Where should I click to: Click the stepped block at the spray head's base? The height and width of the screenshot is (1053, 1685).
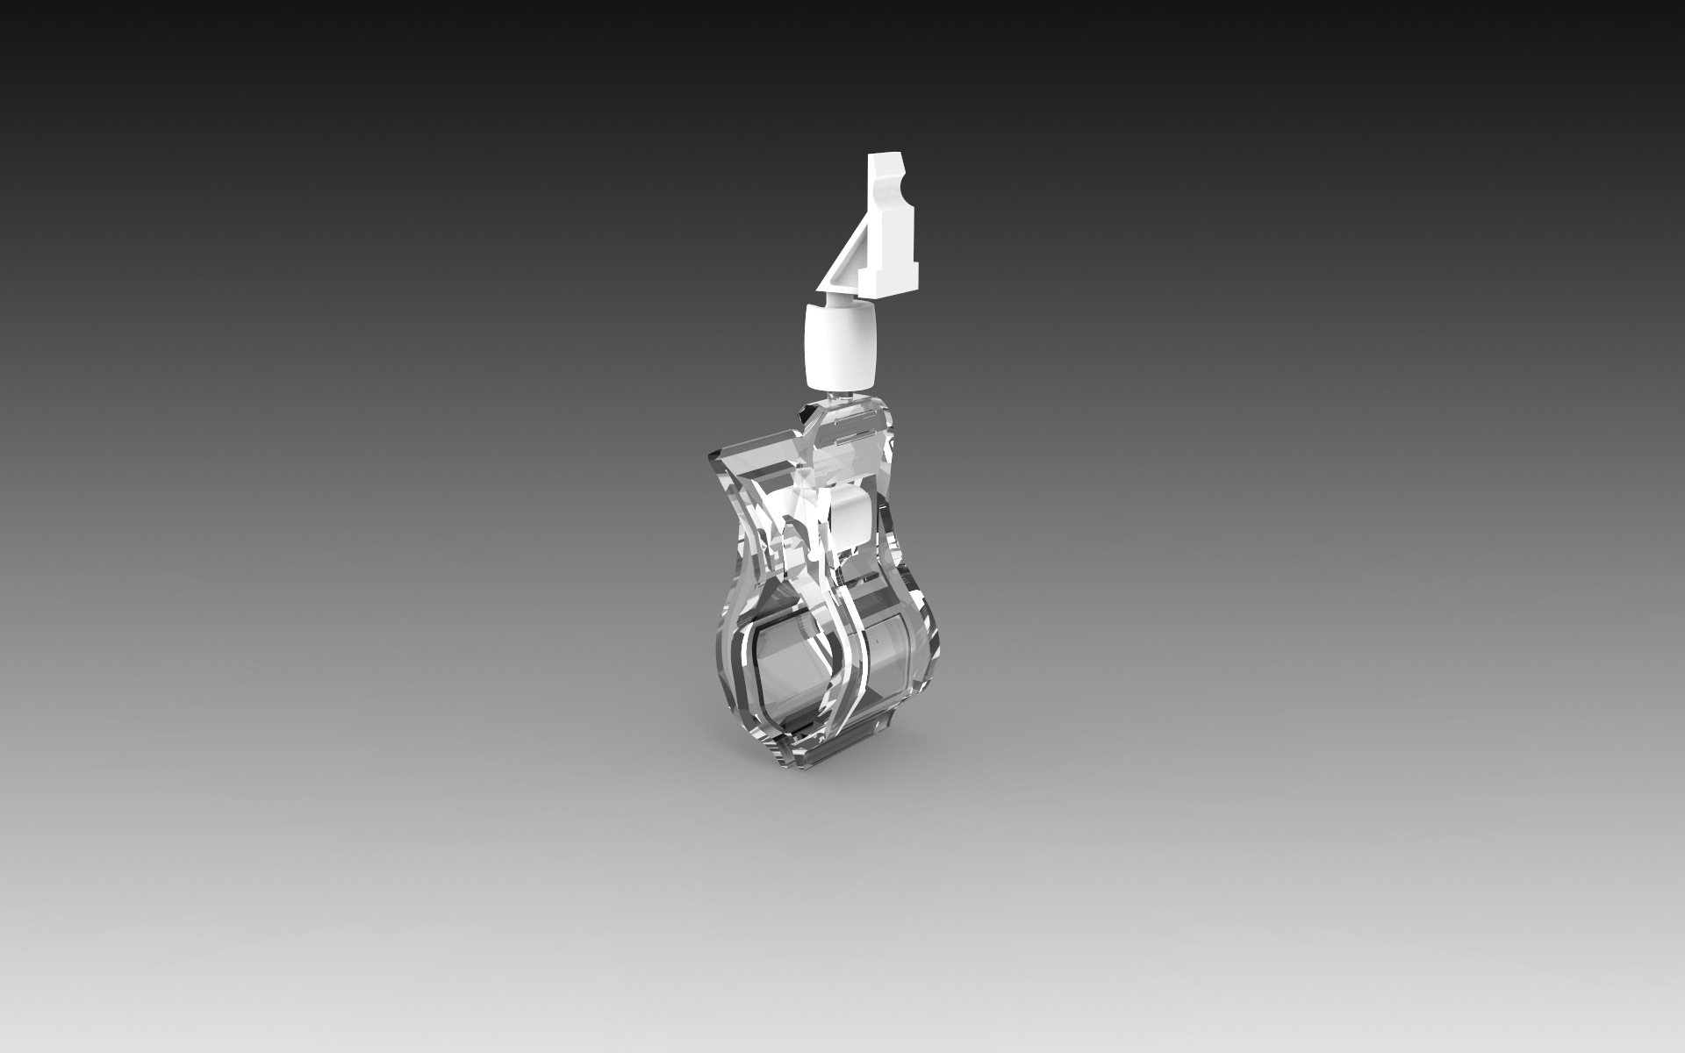(890, 272)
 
